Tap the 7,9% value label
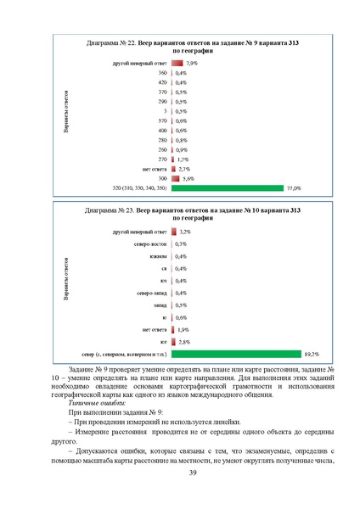192,63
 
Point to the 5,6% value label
189,178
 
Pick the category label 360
162,73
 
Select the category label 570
162,120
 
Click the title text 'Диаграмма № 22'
114,42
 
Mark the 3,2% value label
185,231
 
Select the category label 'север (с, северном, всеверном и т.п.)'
124,354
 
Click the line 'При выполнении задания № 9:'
115,411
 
